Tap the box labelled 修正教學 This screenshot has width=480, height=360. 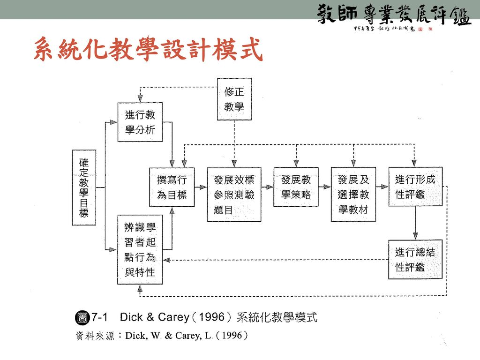click(234, 99)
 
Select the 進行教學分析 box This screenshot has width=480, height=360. click(140, 122)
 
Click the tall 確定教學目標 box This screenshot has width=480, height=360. click(83, 187)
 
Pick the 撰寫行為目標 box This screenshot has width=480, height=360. click(172, 187)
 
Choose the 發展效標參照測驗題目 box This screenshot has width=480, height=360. click(234, 194)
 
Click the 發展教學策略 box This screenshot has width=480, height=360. click(296, 187)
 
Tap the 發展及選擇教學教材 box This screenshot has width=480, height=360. click(353, 194)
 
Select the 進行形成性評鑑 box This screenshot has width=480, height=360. click(415, 187)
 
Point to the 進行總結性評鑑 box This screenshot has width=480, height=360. click(415, 259)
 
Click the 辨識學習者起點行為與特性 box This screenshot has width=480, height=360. click(140, 249)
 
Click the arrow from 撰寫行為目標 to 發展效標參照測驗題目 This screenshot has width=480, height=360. click(201, 187)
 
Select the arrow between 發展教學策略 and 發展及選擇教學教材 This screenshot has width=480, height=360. click(324, 187)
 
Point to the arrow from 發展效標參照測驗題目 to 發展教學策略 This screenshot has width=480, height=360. click(267, 187)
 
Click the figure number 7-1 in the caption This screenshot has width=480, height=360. click(100, 317)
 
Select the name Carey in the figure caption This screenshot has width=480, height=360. click(173, 317)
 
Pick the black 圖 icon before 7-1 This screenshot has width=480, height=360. click(82, 317)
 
